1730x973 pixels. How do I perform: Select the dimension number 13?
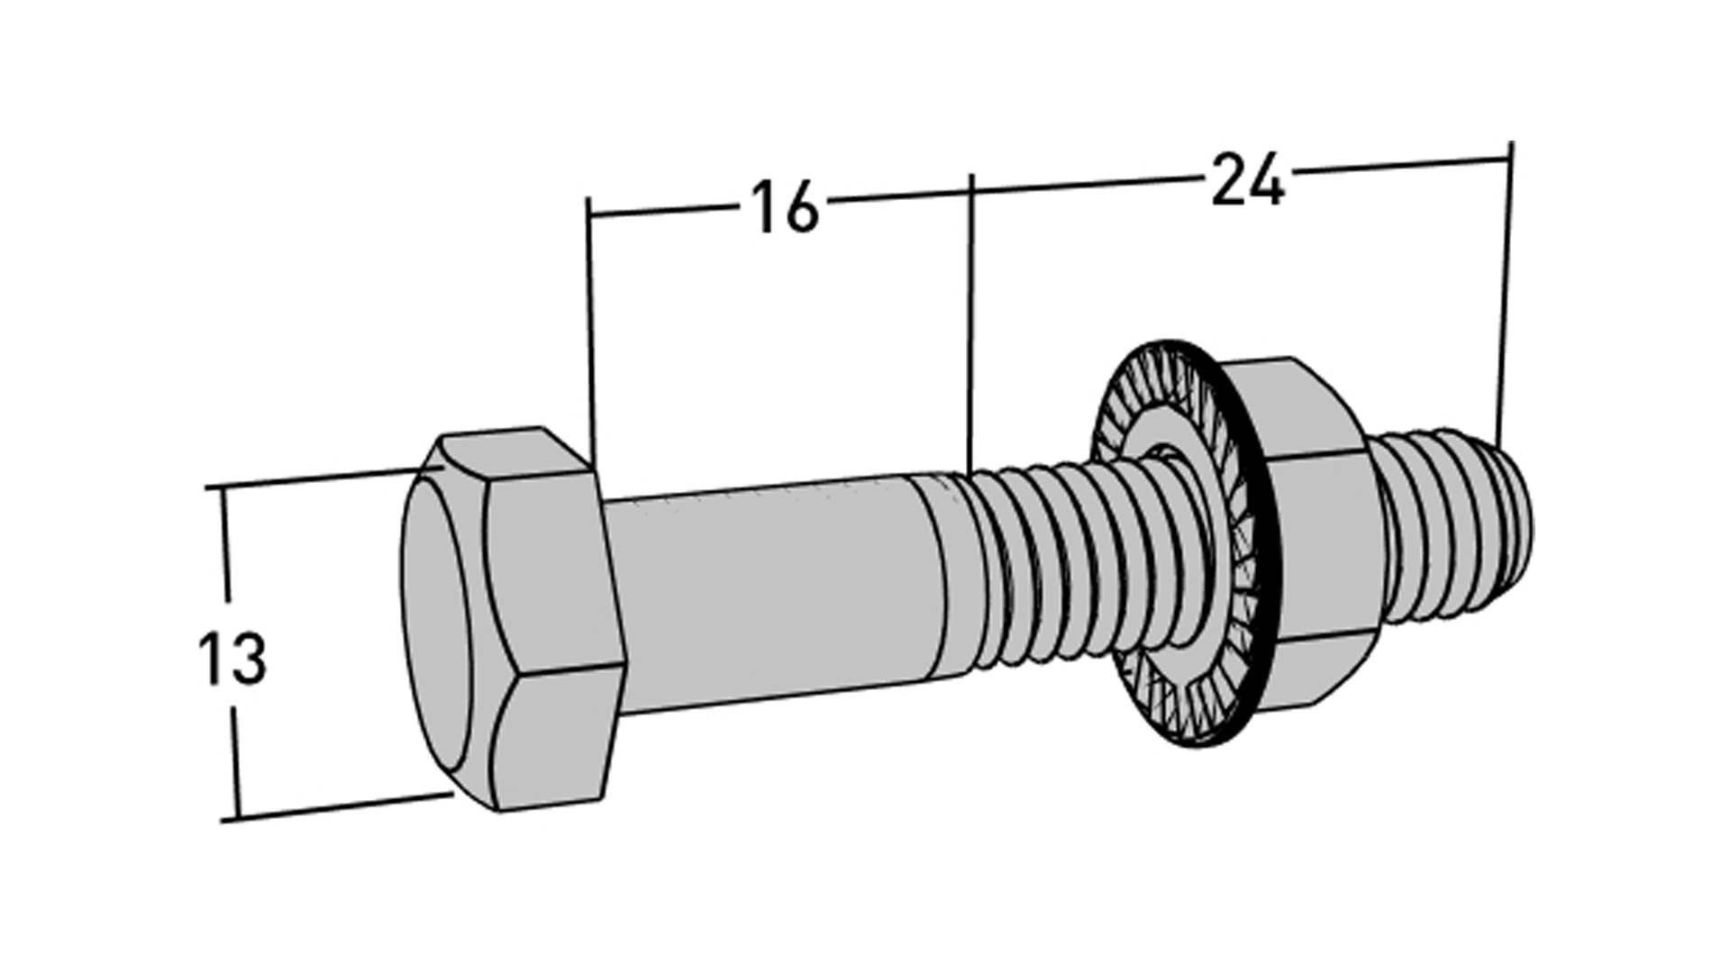click(232, 659)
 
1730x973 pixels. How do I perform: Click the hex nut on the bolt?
click(1302, 536)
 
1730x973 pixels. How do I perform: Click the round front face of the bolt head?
click(447, 636)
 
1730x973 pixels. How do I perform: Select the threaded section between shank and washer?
click(1036, 563)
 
